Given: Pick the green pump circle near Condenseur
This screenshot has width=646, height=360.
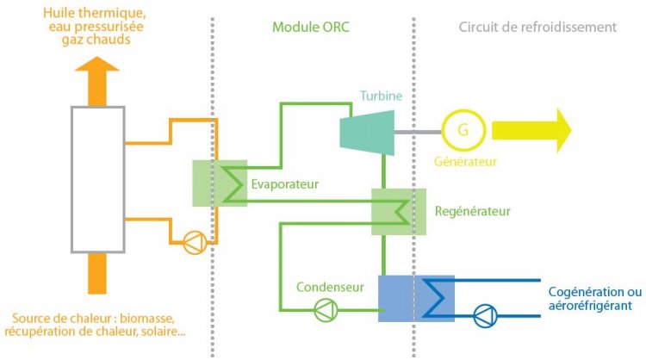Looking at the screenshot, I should click(x=324, y=309).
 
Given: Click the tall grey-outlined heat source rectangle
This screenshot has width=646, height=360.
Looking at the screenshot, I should click(x=99, y=180).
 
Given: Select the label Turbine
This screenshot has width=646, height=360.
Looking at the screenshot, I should click(x=381, y=96).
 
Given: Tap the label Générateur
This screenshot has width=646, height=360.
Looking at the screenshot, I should click(x=466, y=160).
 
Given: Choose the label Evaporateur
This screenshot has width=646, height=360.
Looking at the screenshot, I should click(x=285, y=183).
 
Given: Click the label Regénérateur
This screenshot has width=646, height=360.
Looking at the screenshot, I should click(x=473, y=211).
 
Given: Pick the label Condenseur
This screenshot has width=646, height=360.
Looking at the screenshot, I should click(x=325, y=286).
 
